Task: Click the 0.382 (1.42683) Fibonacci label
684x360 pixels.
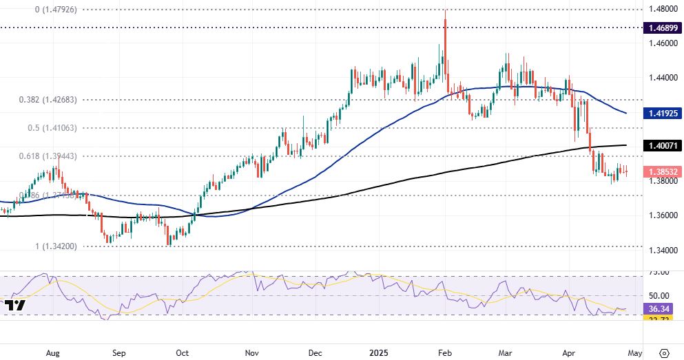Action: (49, 99)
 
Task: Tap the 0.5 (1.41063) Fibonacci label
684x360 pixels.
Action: (48, 128)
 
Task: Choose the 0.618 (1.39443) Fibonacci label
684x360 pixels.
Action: (49, 156)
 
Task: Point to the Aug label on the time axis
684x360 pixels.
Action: (52, 352)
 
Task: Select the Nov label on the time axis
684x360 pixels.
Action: (251, 352)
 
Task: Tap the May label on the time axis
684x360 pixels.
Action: (634, 352)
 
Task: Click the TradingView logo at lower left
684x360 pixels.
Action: (14, 304)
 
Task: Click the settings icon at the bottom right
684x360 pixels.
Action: (665, 352)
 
